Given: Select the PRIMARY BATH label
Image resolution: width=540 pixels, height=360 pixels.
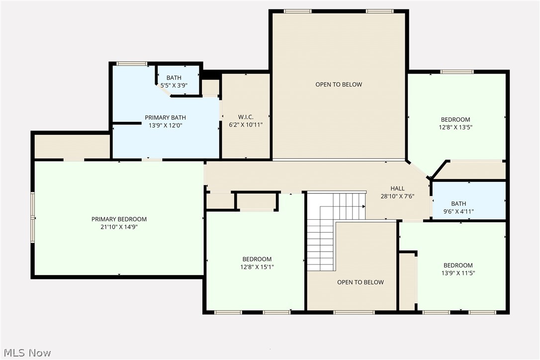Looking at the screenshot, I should pos(165,118).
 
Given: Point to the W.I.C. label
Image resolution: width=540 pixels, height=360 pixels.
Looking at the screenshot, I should pos(246,117).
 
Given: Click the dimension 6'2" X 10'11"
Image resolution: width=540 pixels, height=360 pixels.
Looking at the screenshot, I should pos(246,125).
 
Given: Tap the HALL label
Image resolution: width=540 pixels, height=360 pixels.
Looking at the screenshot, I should pos(397,188).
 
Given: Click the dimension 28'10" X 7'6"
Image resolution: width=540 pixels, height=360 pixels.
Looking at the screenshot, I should pos(397,196).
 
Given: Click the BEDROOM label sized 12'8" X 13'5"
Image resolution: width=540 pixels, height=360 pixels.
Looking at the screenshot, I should pos(455,120).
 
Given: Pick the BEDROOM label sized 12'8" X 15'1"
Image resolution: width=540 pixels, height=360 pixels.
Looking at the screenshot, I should pos(257,259).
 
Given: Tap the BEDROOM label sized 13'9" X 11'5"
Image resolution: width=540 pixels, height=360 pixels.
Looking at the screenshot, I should pos(458,266).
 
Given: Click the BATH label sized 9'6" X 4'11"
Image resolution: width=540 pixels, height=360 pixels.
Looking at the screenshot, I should pos(458,204).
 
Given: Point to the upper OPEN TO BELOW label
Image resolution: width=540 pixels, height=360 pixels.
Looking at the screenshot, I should pos(339,85).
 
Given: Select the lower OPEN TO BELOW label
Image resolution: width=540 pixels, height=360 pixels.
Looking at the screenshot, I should pos(360,282).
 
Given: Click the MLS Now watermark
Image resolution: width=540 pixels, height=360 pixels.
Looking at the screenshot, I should pos(26,353).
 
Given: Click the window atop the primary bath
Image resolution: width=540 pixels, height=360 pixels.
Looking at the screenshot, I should pos(132,63).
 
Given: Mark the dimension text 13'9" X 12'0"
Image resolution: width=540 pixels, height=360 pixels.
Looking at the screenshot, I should pos(165,126).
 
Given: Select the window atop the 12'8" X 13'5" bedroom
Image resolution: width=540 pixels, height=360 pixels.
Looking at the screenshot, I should pos(457,72).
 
